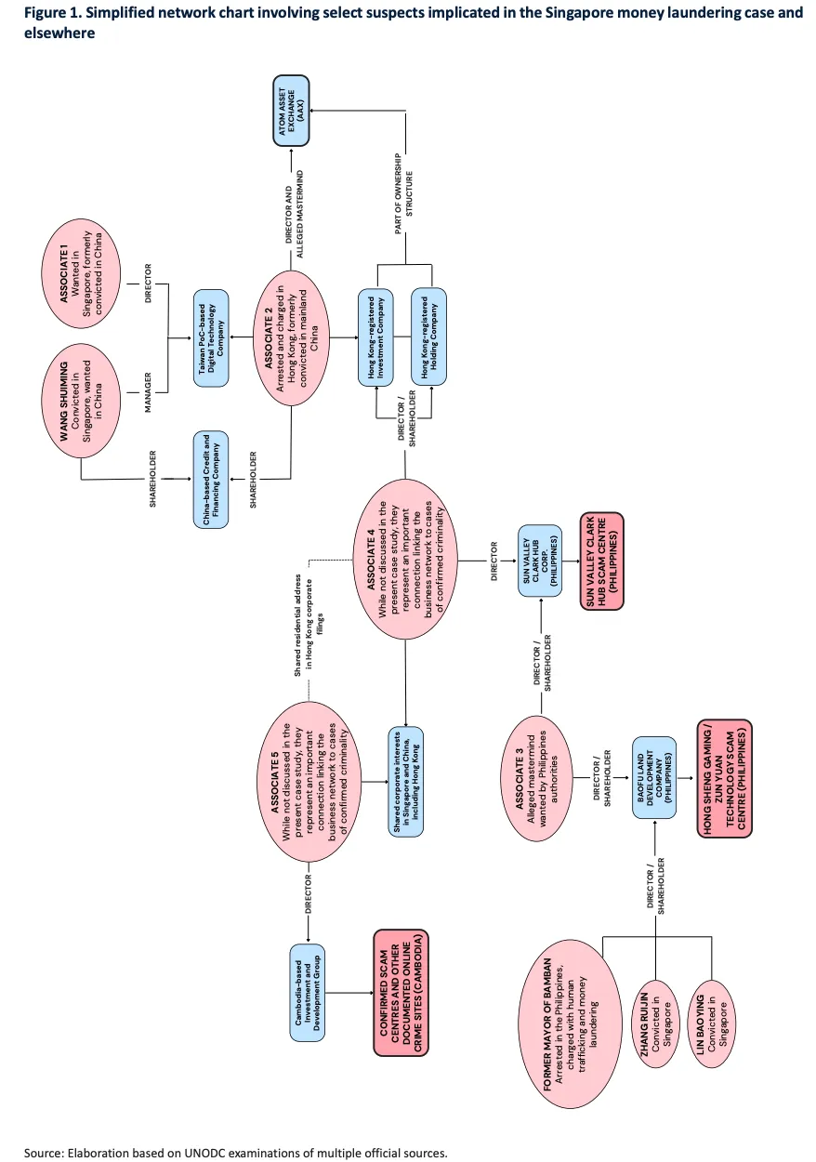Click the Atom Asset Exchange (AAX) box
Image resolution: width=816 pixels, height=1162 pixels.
[292, 112]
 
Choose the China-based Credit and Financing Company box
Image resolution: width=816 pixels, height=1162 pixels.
[210, 480]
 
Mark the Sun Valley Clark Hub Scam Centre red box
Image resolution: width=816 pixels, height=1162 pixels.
[601, 562]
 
